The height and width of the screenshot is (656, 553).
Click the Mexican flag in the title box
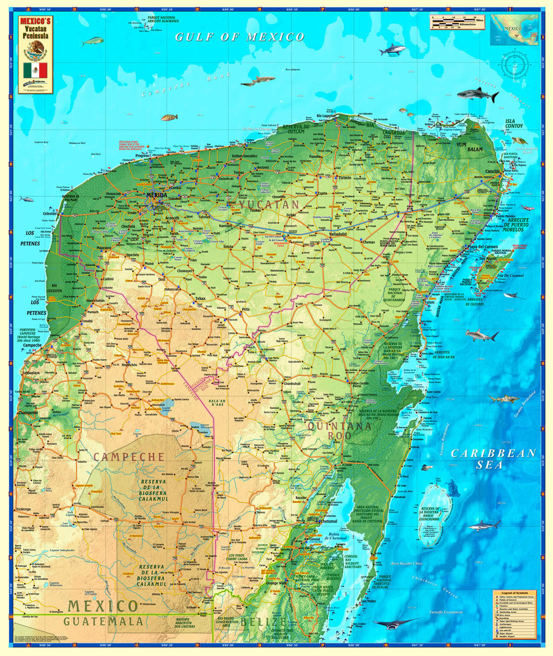(x=35, y=70)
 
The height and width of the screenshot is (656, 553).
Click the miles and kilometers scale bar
(x=454, y=22)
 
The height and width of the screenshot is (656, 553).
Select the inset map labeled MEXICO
(x=514, y=30)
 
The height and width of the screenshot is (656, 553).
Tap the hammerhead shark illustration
(x=482, y=336)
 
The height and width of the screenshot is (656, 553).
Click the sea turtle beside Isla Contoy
(x=519, y=140)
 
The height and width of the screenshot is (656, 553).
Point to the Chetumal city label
(x=329, y=521)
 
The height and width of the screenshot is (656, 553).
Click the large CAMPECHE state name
(x=129, y=457)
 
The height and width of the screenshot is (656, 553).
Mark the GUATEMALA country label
(x=103, y=621)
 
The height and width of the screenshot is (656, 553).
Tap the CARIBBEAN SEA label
(x=493, y=459)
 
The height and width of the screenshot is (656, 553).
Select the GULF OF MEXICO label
(x=240, y=37)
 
